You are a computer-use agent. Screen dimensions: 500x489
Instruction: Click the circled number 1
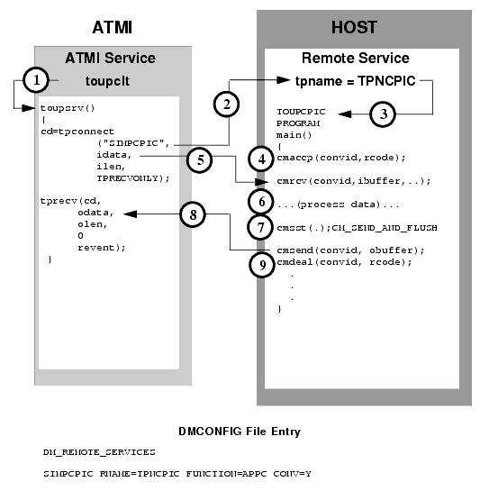point(36,80)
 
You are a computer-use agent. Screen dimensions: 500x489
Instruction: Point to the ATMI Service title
point(110,58)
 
